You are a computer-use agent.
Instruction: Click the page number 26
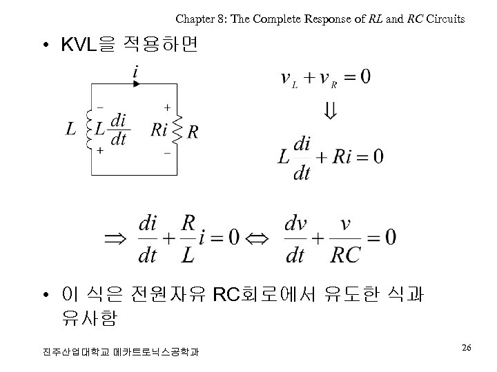467,348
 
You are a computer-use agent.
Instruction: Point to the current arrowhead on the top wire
136,84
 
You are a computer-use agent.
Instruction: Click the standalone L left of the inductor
70,129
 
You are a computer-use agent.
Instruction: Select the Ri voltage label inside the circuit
159,129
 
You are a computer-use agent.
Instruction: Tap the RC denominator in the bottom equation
345,256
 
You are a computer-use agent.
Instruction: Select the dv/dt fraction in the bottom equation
295,239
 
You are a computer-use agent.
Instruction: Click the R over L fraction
188,239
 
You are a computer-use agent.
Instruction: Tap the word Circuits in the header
445,19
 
